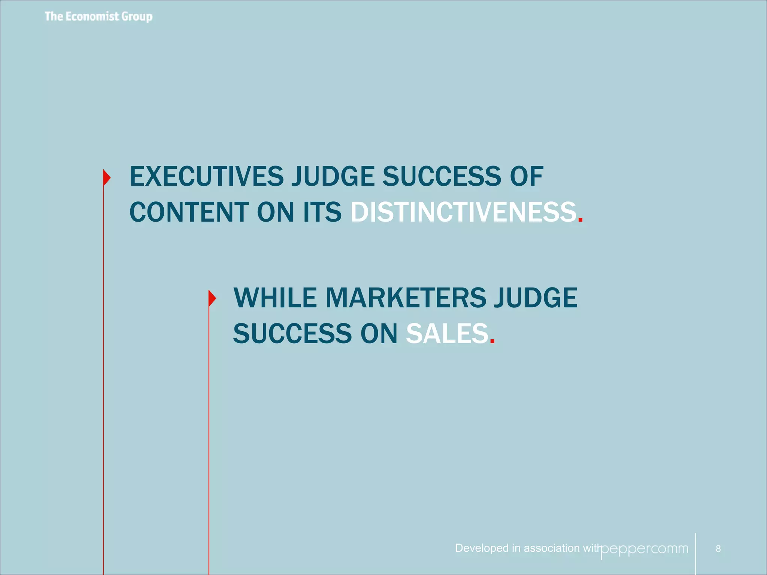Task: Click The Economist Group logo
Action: [98, 16]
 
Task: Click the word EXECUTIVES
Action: [207, 176]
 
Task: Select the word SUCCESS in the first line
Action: [441, 176]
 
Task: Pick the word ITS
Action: [322, 212]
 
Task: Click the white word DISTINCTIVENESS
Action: [463, 212]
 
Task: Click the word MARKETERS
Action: [406, 298]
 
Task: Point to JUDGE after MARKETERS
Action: [536, 298]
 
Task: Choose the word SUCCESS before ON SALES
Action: [292, 334]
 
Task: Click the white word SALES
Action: [448, 334]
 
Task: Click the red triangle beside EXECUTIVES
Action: [107, 177]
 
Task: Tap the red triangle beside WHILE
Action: [212, 298]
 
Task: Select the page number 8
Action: [718, 549]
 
